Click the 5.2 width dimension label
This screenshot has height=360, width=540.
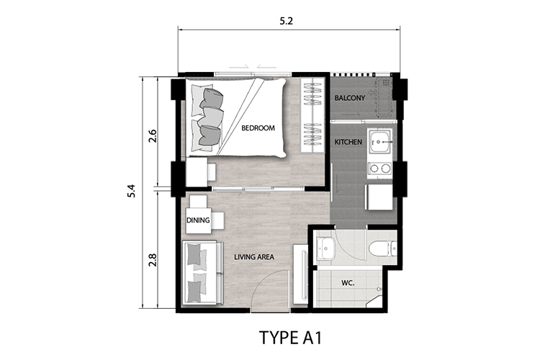[x=286, y=21]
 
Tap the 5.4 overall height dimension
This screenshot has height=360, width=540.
[x=132, y=191]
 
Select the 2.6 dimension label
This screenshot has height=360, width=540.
[x=153, y=136]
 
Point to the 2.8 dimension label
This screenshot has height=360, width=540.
[x=153, y=260]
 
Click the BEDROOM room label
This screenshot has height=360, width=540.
[x=258, y=128]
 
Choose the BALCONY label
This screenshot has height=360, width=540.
[x=349, y=98]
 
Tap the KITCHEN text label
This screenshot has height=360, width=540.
[x=348, y=142]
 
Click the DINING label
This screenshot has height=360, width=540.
[x=198, y=220]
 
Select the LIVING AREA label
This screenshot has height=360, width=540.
[x=254, y=257]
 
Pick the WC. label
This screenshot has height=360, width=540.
[x=348, y=283]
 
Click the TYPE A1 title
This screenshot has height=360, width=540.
[x=290, y=338]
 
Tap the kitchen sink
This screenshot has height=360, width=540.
[x=379, y=142]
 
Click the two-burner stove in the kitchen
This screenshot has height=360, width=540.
[x=379, y=168]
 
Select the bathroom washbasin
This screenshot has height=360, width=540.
[x=325, y=248]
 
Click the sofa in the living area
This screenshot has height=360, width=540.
[x=202, y=273]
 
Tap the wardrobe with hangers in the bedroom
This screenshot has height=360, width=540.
[x=312, y=116]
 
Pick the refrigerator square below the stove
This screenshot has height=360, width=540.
[x=379, y=197]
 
